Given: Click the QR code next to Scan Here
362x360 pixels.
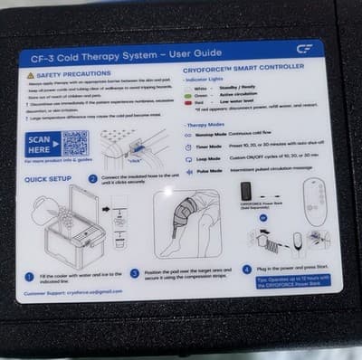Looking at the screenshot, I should point(75,143).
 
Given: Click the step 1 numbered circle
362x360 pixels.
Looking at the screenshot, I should point(28,271).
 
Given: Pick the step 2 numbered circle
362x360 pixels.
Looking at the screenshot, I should point(93,179).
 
